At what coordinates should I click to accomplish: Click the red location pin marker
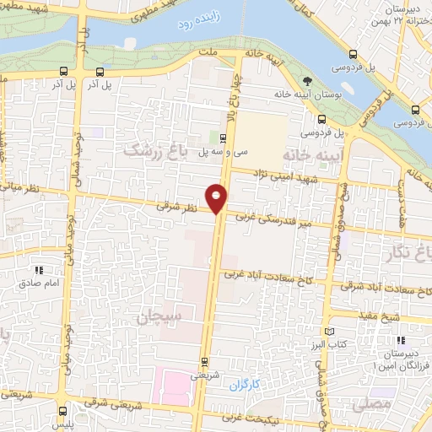218,197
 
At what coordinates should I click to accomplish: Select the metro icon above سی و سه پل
223,139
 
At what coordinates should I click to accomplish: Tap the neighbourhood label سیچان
156,316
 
